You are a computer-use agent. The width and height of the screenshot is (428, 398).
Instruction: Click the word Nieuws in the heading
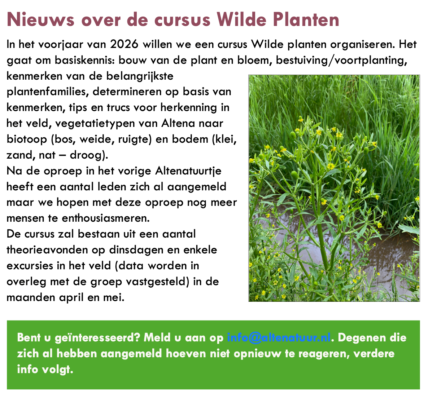(40, 19)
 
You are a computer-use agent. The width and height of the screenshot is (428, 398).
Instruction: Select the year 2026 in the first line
(125, 44)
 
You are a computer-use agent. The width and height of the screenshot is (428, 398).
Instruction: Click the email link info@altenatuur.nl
(279, 337)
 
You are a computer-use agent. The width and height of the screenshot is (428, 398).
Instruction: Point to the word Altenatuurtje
(188, 171)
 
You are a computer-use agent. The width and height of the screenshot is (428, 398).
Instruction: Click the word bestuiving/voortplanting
(341, 60)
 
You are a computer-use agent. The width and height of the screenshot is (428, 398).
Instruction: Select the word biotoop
(27, 140)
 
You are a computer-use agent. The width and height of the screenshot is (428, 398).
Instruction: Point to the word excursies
(30, 266)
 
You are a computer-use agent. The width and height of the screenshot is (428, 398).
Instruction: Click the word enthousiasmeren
(106, 218)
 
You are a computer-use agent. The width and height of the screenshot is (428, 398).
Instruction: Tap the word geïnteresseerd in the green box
(97, 338)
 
